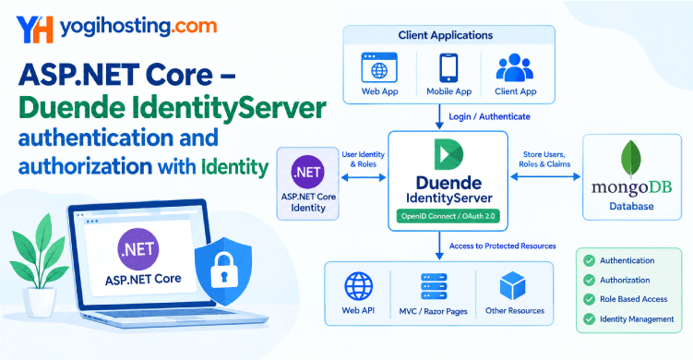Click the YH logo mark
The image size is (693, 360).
point(34,30)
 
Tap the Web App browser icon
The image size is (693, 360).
point(379,67)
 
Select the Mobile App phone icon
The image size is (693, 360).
point(448,67)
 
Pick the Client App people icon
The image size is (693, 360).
point(515,67)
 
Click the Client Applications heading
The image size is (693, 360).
point(446,35)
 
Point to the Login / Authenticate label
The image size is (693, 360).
point(489,116)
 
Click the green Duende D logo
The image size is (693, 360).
point(448,154)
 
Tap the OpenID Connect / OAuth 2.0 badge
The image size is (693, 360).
point(448,216)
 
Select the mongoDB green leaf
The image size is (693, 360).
point(630,159)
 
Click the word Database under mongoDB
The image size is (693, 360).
point(631,206)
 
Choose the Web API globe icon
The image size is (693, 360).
point(358,286)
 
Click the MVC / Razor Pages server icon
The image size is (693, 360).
point(434,286)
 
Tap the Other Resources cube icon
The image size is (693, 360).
point(513,286)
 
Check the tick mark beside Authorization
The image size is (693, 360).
point(589,280)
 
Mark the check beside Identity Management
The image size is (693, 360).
point(589,318)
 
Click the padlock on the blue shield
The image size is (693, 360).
point(223,270)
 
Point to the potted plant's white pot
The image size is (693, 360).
point(41,302)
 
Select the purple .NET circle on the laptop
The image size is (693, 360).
point(138,249)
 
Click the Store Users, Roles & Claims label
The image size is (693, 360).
point(544,159)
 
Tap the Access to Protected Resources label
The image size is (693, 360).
point(503,246)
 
